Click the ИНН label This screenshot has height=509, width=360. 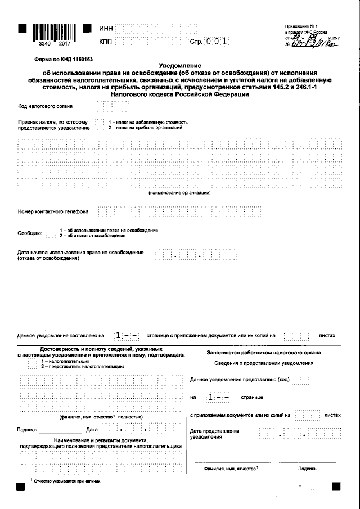105,29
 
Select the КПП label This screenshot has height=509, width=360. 105,42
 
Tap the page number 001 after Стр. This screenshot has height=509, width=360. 217,42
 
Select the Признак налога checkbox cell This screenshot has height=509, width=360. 100,124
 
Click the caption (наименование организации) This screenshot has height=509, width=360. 179,193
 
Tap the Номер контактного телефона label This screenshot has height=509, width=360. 53,212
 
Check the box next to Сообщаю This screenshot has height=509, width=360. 51,232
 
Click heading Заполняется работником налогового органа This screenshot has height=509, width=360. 264,353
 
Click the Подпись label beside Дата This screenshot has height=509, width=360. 28,430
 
